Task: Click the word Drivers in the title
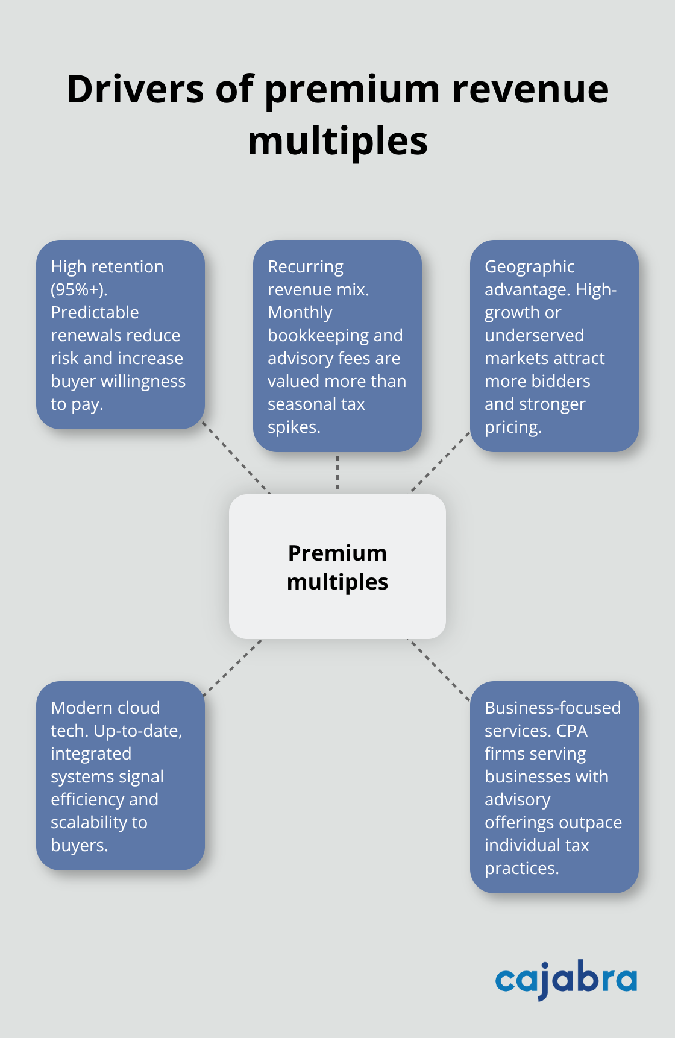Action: click(136, 90)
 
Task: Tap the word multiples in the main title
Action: click(337, 142)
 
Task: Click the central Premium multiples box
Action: click(337, 567)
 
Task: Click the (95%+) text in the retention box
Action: click(78, 290)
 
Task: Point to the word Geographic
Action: click(529, 267)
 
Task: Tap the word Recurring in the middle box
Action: click(305, 267)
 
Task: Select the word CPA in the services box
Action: click(571, 731)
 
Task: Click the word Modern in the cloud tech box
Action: click(78, 708)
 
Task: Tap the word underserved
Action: click(534, 336)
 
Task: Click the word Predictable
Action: click(95, 313)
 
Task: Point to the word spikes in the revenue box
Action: click(294, 427)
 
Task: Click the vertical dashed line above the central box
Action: click(337, 473)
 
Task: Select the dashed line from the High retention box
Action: click(236, 458)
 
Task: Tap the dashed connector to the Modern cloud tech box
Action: click(233, 668)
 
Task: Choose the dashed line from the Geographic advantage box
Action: click(440, 462)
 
